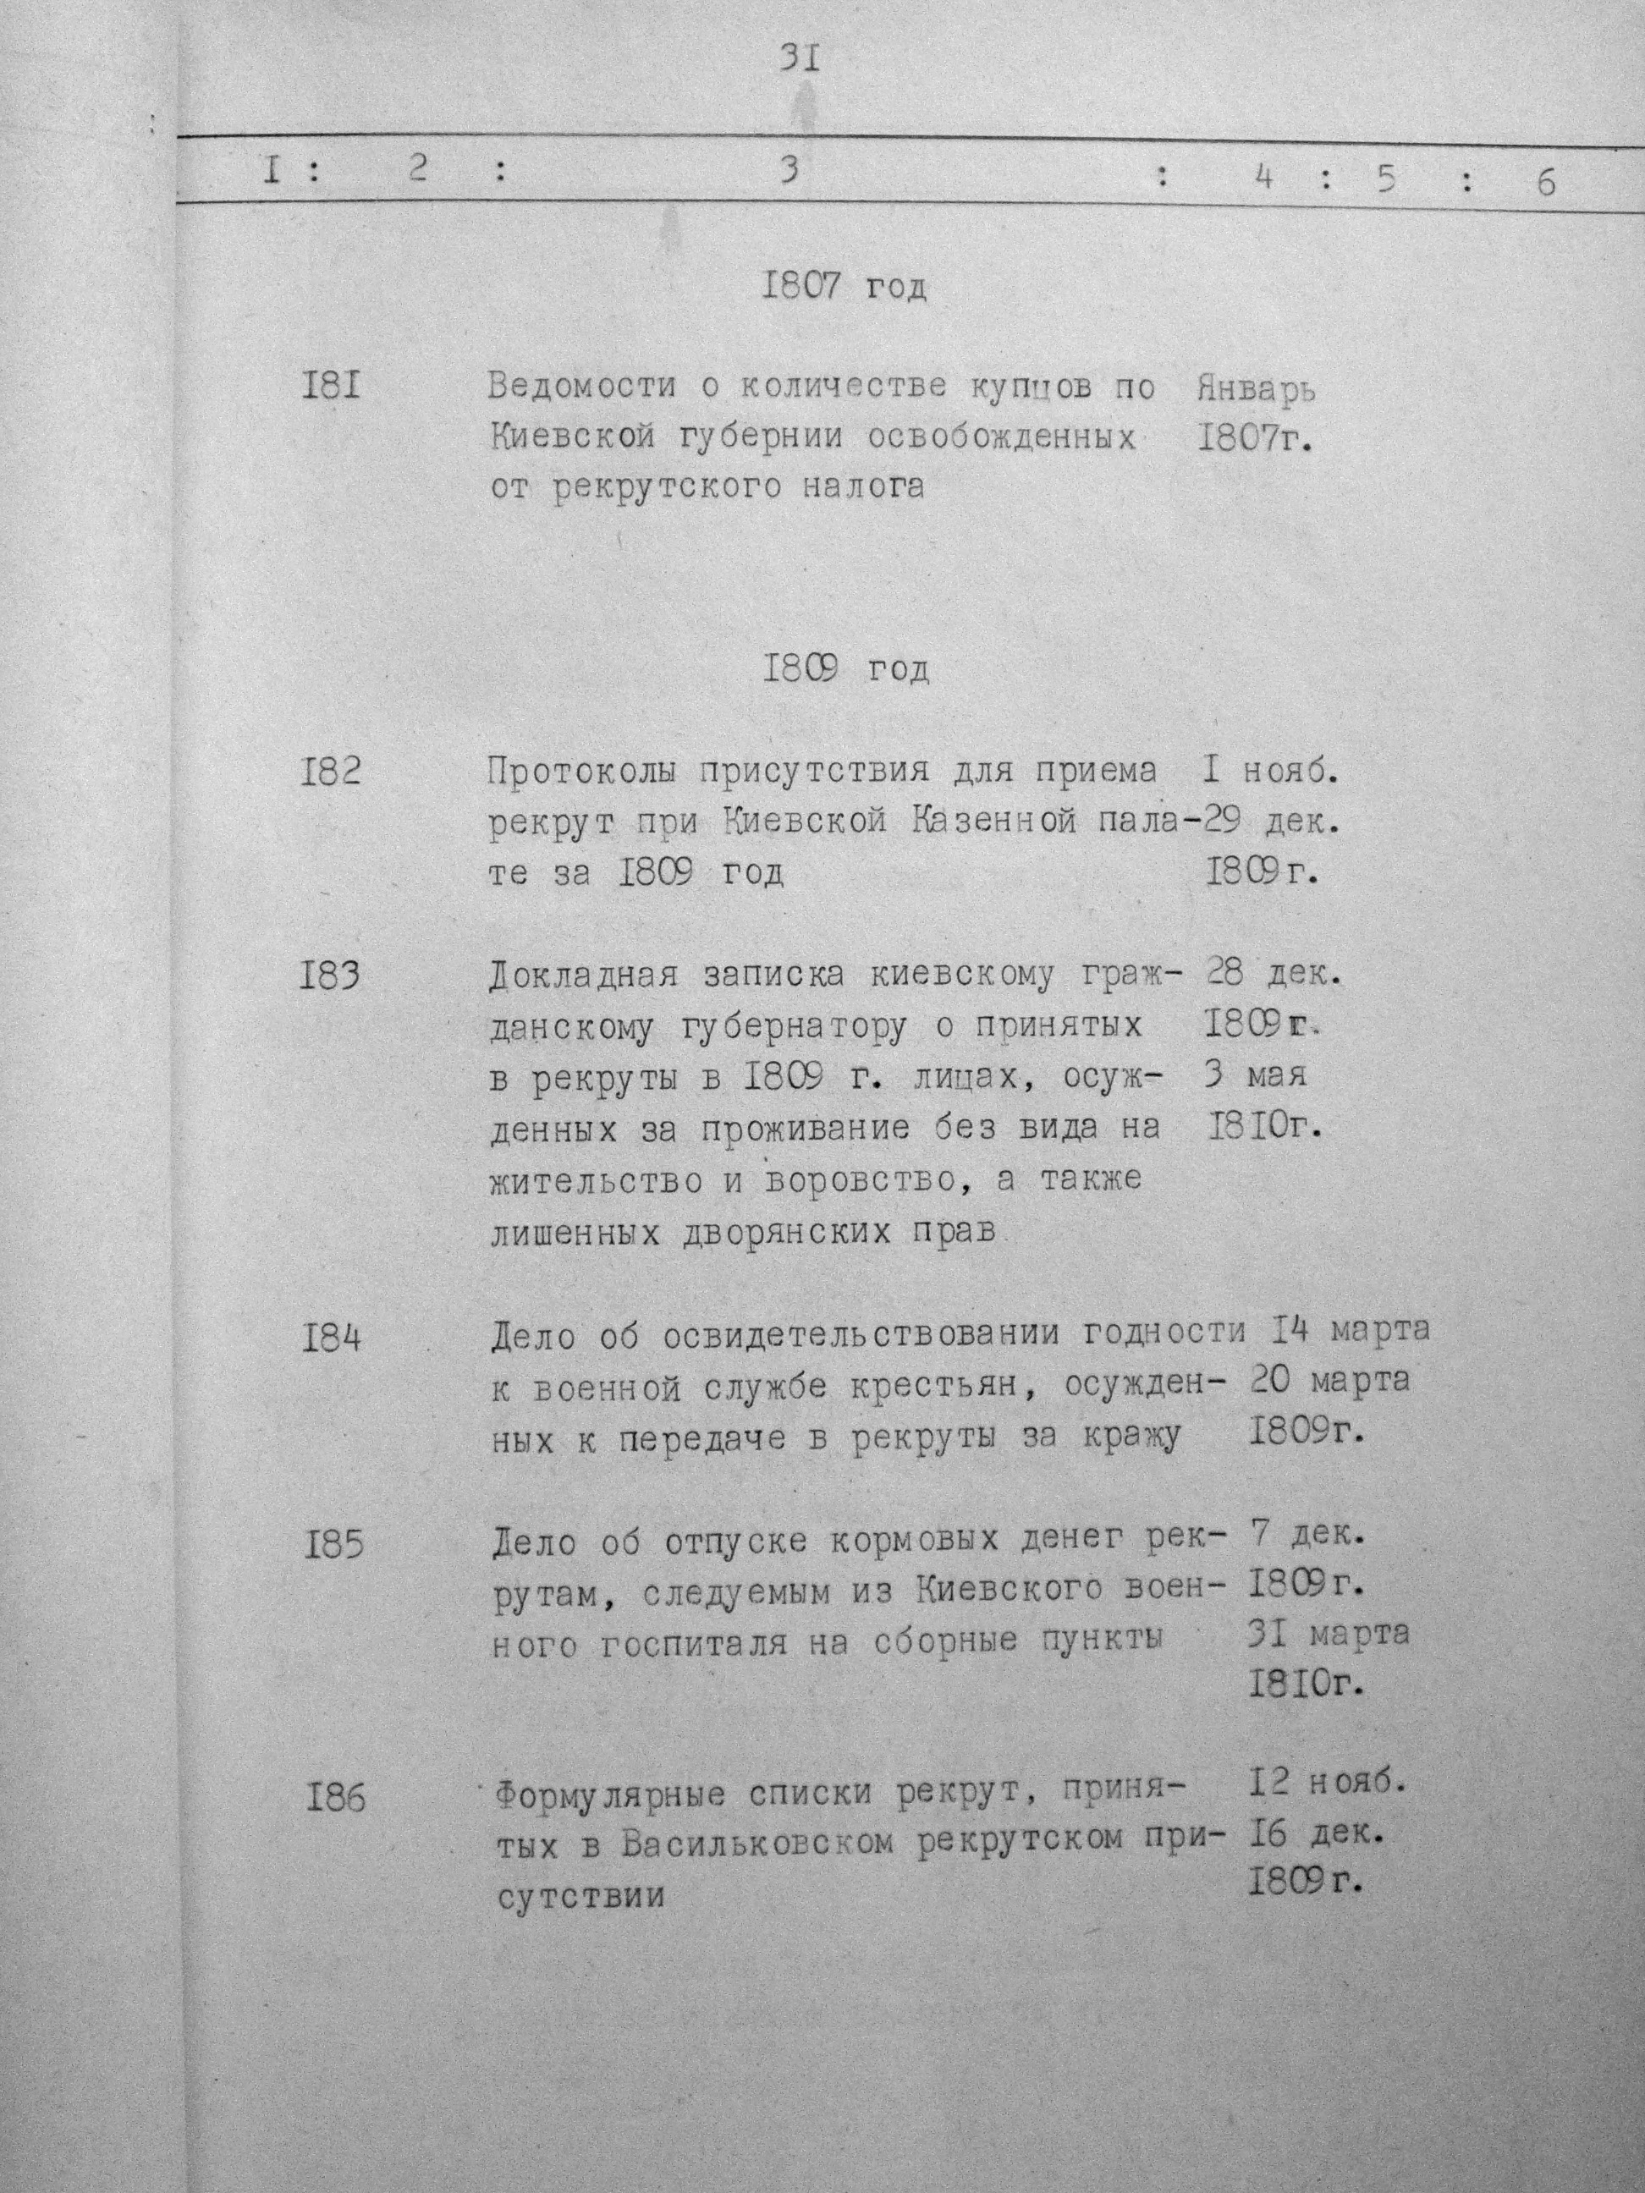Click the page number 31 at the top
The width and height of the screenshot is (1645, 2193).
pos(799,59)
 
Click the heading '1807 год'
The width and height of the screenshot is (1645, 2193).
pos(844,287)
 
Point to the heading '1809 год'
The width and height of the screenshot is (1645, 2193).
pos(846,670)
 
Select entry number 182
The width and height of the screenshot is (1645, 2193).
pos(331,769)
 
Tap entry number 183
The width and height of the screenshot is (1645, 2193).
pos(331,976)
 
